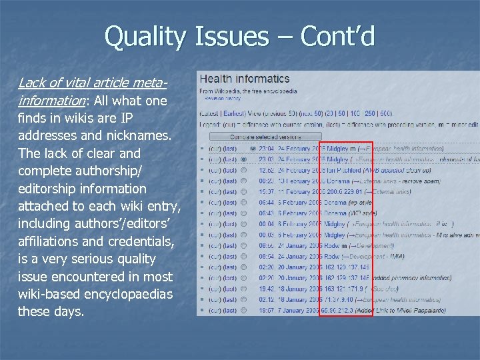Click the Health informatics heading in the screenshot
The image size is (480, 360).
pyautogui.click(x=245, y=79)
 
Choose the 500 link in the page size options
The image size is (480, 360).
pyautogui.click(x=387, y=113)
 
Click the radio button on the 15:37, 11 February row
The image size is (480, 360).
pyautogui.click(x=245, y=191)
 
